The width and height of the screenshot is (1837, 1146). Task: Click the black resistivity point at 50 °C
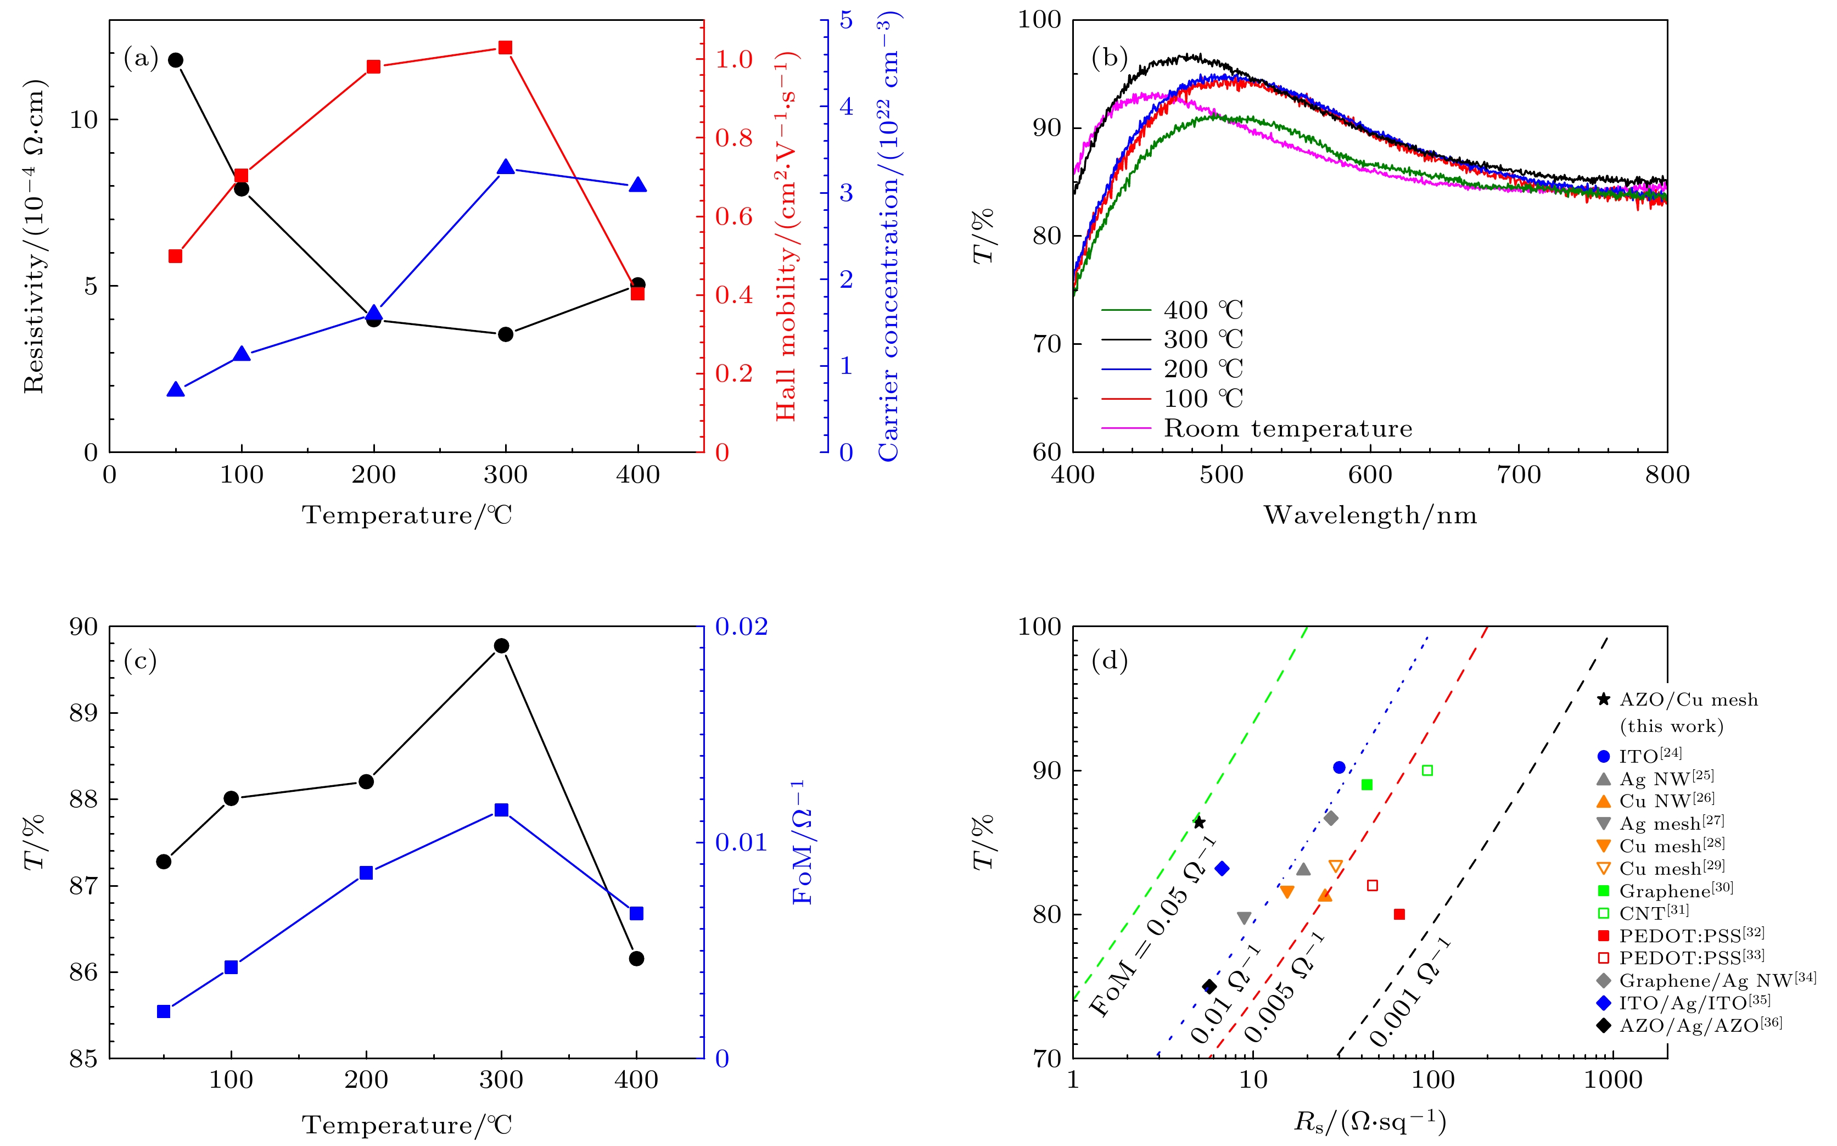175,60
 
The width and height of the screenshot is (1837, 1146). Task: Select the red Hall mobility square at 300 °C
506,48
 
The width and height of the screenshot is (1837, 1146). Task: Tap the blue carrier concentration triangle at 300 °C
506,167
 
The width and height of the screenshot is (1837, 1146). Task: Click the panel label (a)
141,58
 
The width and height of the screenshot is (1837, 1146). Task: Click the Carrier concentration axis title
888,237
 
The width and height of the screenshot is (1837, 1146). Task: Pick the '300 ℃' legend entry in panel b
1203,339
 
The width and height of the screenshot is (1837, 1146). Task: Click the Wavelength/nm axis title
1370,516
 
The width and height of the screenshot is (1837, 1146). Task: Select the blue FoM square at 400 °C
637,913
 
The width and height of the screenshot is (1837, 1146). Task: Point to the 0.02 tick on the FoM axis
741,627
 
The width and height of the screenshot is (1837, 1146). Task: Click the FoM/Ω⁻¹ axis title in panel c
802,842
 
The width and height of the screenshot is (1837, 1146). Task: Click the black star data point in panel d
1199,823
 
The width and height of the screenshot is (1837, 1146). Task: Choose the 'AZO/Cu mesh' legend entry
1688,700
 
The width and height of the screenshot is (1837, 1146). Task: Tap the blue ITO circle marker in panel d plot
1339,768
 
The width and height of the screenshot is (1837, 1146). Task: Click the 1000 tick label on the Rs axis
1612,1081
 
